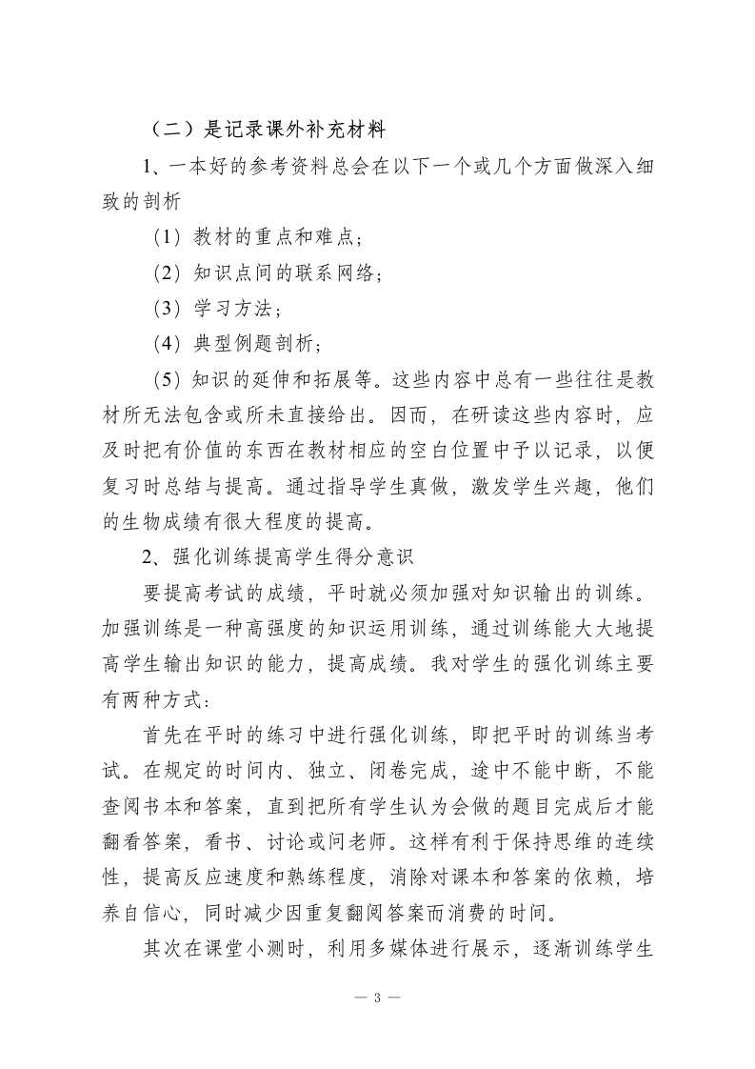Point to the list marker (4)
pyautogui.click(x=168, y=341)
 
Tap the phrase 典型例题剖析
pyautogui.click(x=257, y=341)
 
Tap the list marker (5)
pyautogui.click(x=168, y=378)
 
